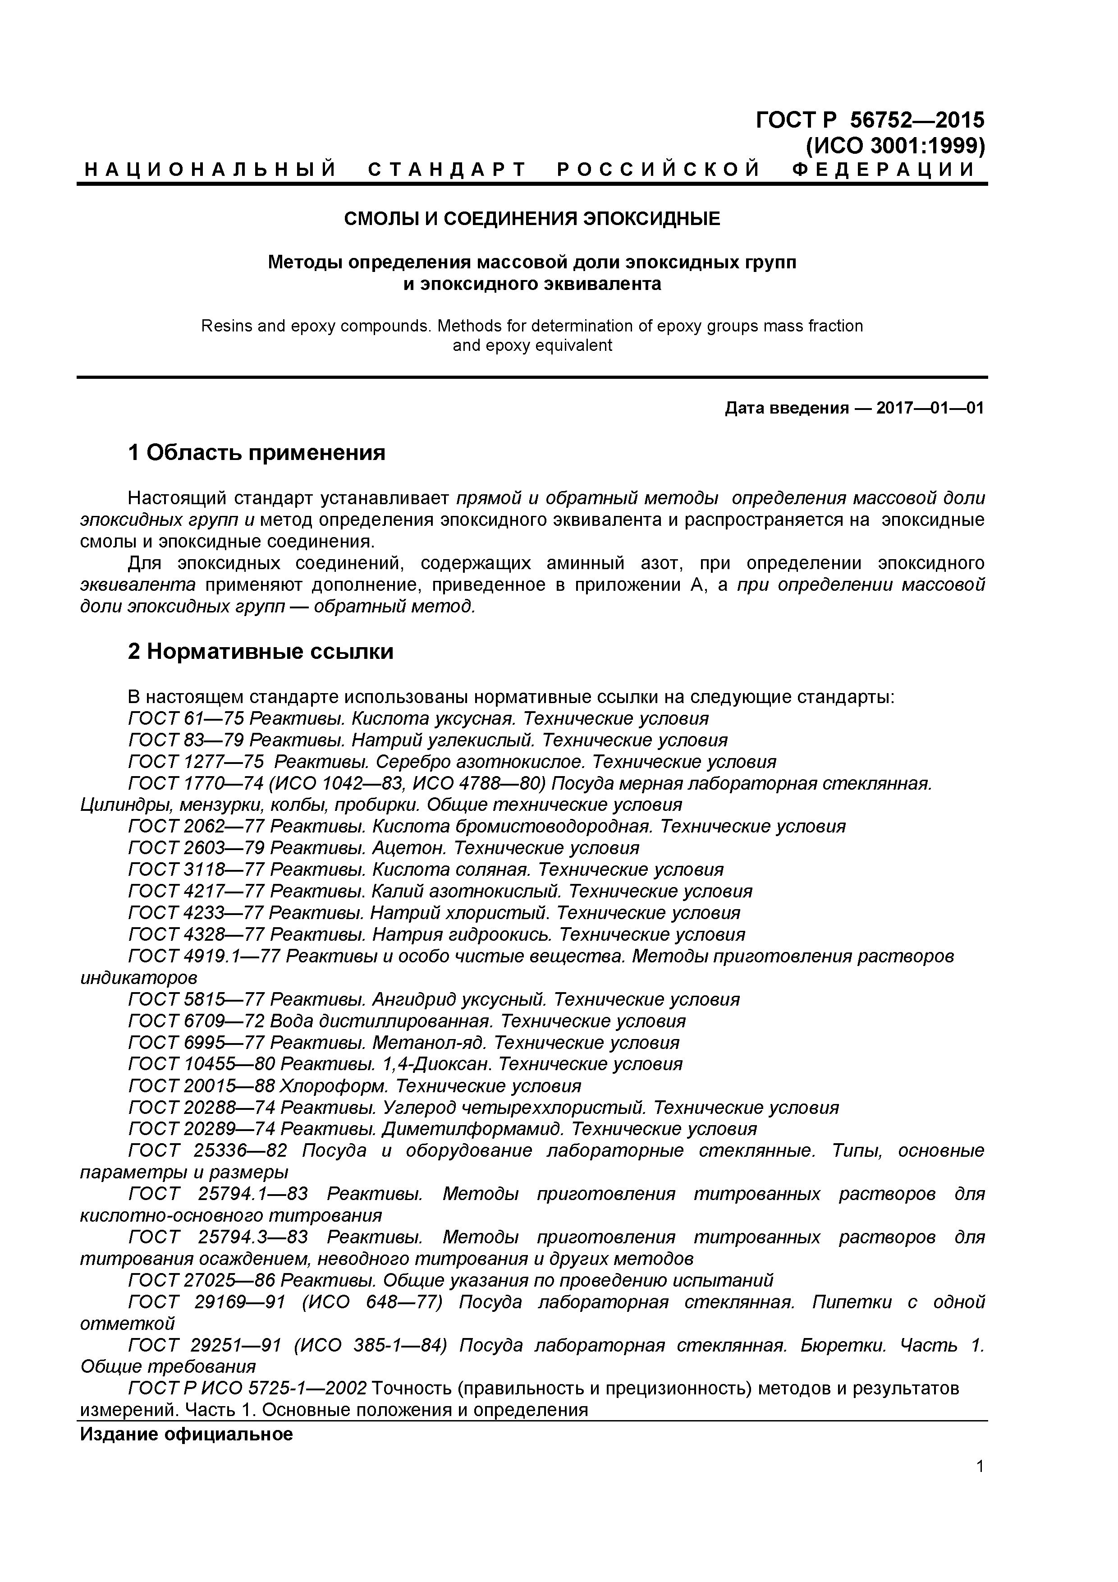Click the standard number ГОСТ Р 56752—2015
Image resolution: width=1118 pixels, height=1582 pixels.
point(870,120)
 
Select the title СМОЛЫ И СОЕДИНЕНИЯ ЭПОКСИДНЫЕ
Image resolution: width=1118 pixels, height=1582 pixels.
point(532,219)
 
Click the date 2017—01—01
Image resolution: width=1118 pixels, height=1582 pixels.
point(930,409)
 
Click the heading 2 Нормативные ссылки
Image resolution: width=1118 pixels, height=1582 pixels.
point(261,651)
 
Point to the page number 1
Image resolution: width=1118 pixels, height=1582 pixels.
point(980,1486)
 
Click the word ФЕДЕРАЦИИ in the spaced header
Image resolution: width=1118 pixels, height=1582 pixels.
point(884,170)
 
